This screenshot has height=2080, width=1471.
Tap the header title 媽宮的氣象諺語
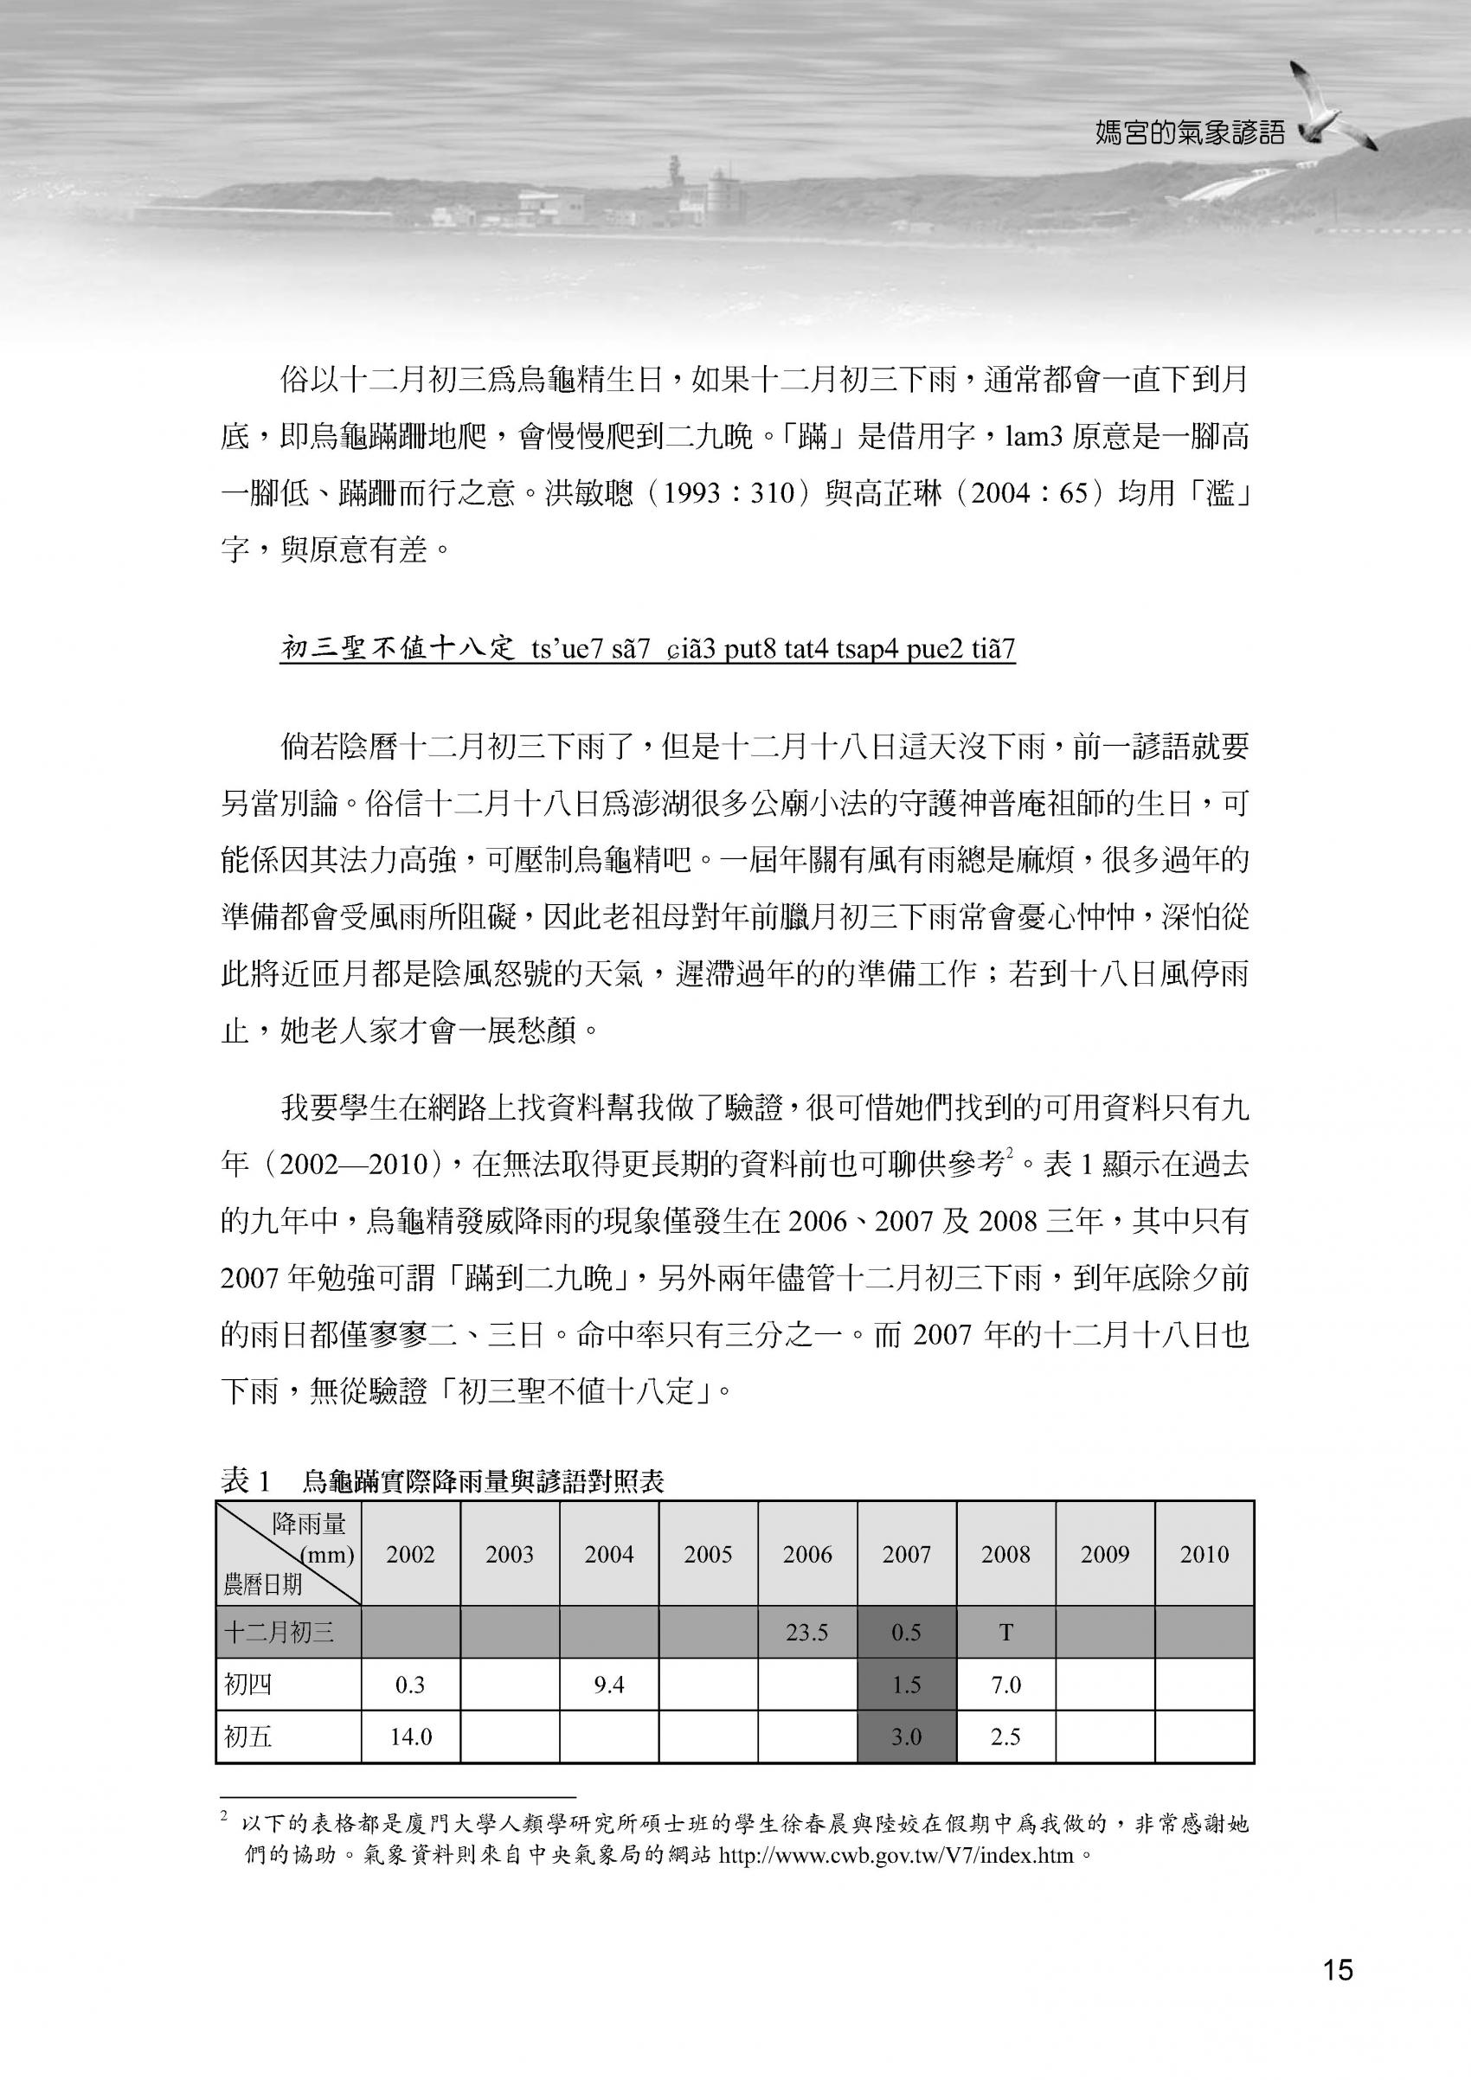tap(1189, 133)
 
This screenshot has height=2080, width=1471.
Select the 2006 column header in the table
tap(807, 1555)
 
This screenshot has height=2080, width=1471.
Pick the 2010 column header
tap(1204, 1555)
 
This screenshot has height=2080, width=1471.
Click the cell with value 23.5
tap(807, 1633)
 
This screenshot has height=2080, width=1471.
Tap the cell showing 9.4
tap(608, 1685)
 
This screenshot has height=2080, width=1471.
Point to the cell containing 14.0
tap(410, 1737)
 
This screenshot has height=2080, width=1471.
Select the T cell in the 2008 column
tap(1005, 1633)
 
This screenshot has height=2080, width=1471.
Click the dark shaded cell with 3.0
tap(906, 1737)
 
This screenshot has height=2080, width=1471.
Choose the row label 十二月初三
tap(279, 1633)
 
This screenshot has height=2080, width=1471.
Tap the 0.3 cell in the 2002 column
tap(410, 1685)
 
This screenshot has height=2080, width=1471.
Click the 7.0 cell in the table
tap(1005, 1685)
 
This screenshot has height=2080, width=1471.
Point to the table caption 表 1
tap(247, 1481)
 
